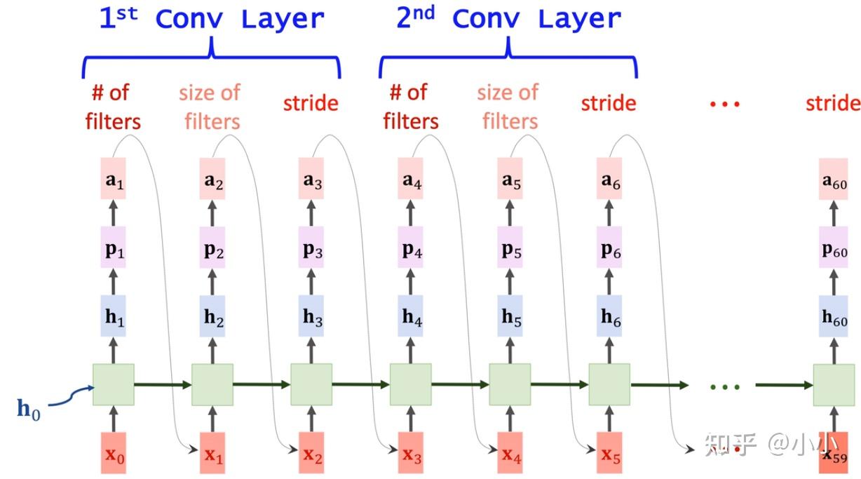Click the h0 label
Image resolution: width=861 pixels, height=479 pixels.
click(29, 410)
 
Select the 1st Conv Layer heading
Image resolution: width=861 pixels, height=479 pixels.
click(211, 19)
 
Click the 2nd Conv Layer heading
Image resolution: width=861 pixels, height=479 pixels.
click(509, 19)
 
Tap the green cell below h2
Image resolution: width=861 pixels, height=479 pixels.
click(212, 384)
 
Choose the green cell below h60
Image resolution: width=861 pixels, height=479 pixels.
click(834, 384)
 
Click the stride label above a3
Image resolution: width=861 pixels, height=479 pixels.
click(311, 104)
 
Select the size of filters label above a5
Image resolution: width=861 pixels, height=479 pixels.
click(508, 106)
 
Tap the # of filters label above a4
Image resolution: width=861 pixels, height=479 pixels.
click(410, 106)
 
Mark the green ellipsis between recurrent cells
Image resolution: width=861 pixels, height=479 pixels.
click(724, 386)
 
